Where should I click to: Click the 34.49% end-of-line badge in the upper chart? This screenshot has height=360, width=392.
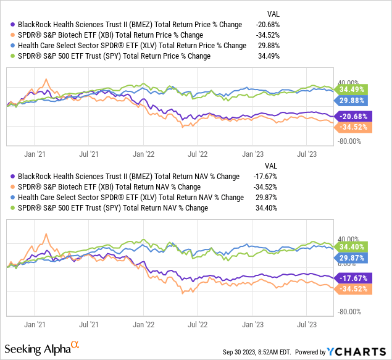tap(349, 90)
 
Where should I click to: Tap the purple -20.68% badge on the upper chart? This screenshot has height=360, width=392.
tap(351, 116)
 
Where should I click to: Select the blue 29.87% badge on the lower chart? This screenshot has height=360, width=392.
tap(349, 257)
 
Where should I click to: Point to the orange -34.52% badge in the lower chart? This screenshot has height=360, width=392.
tap(351, 289)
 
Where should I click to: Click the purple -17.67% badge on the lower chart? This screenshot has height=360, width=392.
tap(351, 278)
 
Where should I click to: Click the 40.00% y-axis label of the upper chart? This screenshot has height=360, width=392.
tap(348, 82)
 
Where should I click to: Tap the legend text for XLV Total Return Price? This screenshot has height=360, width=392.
tap(133, 45)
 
